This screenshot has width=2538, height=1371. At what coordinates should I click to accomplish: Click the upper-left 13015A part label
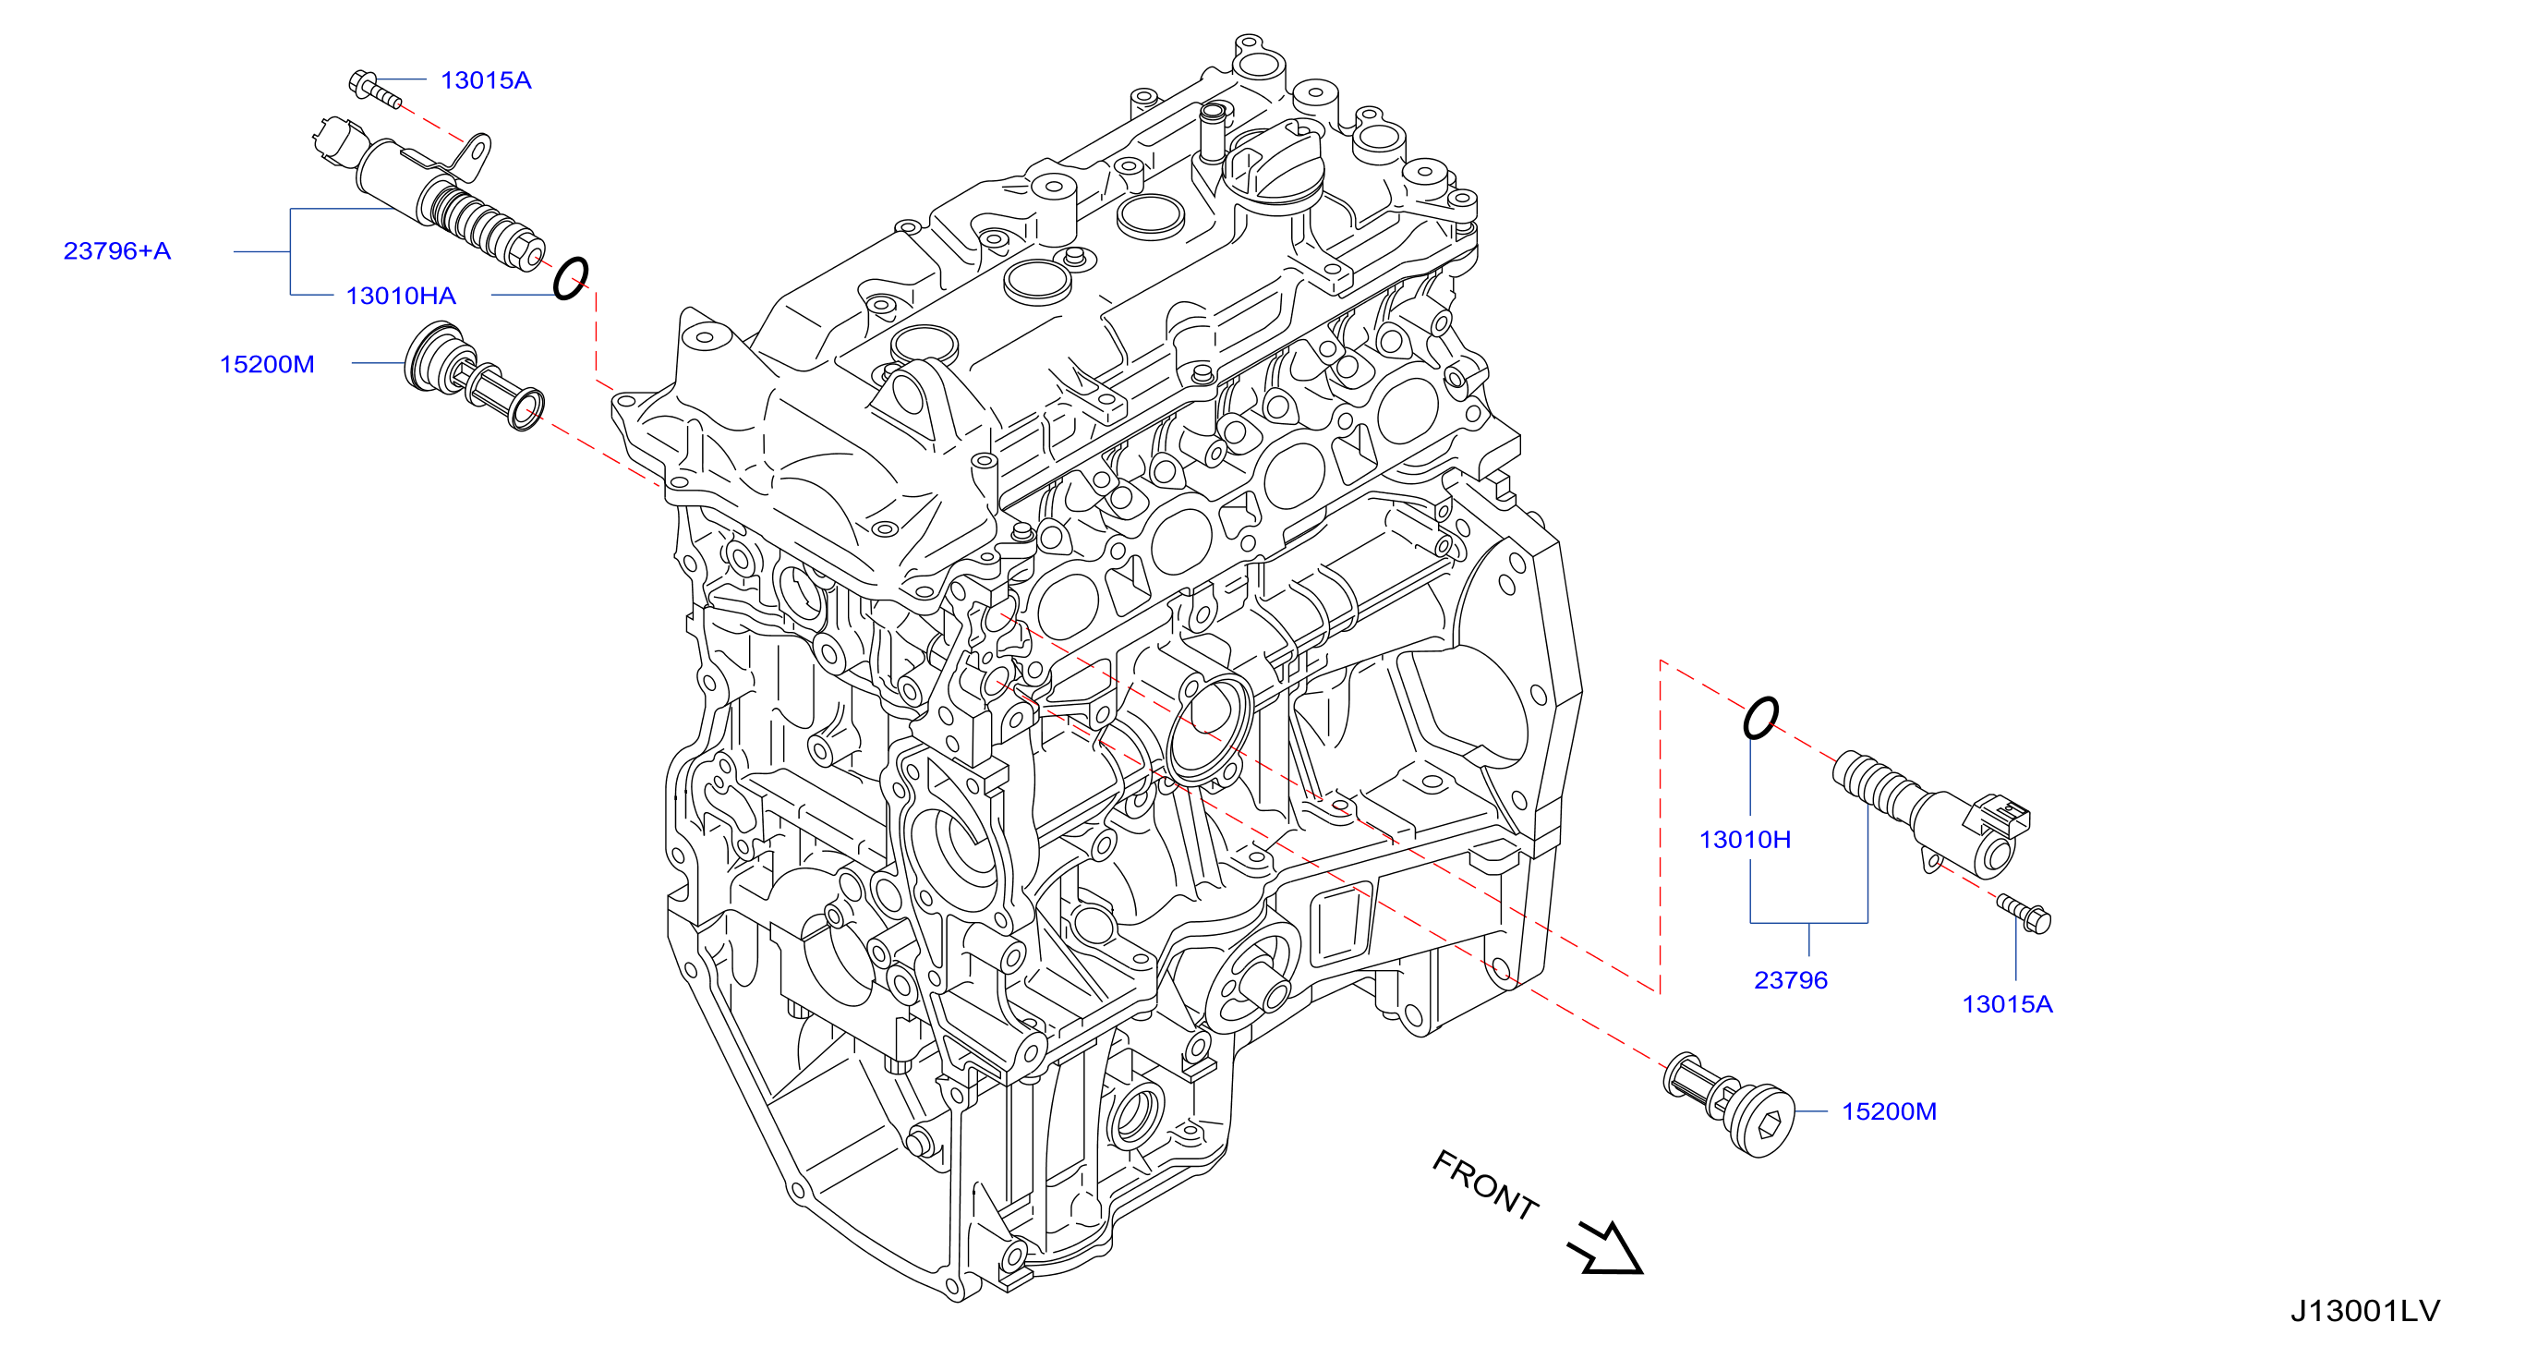[486, 79]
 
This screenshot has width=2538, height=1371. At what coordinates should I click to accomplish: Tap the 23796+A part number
[117, 250]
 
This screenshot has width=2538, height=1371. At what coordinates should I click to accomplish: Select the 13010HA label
[401, 296]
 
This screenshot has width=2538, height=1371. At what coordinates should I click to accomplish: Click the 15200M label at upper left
[267, 364]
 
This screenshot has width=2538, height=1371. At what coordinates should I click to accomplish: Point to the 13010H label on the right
[1745, 839]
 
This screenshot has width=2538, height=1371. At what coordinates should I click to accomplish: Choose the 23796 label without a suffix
[1790, 979]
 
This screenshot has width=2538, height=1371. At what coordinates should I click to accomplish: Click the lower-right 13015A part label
[2007, 1003]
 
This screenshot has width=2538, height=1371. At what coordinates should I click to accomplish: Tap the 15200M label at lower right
[1889, 1110]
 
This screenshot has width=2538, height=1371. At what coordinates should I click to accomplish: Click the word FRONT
[1485, 1184]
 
